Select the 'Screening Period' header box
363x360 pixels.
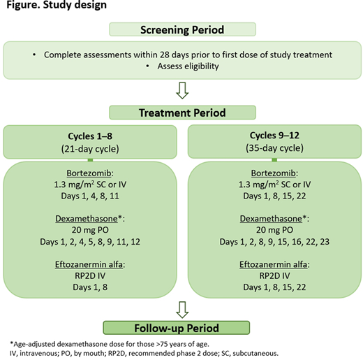click(x=181, y=29)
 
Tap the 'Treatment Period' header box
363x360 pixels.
click(x=181, y=111)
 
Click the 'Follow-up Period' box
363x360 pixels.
click(x=181, y=327)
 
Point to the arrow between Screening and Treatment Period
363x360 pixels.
click(x=181, y=89)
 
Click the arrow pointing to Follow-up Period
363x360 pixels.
click(x=181, y=307)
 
